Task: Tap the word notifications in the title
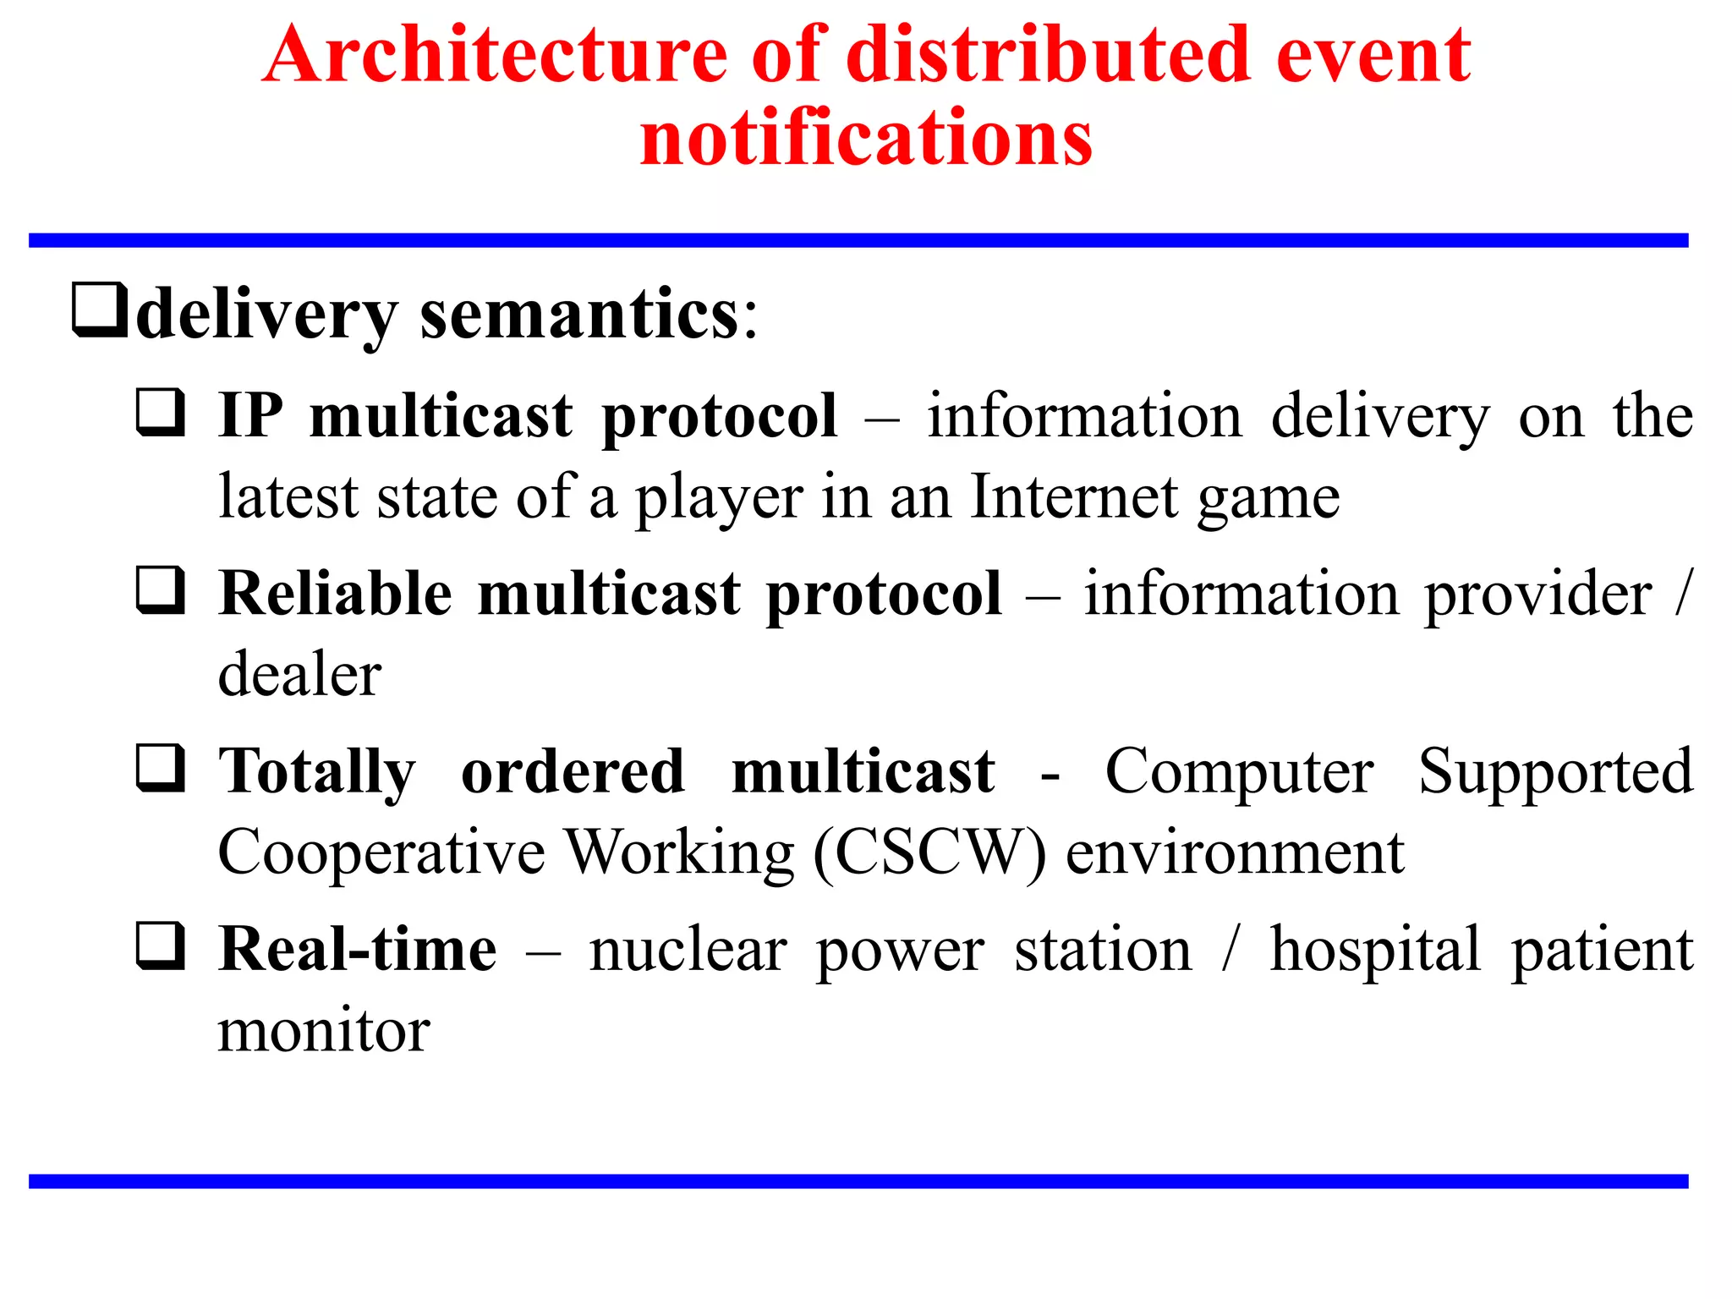pos(866,138)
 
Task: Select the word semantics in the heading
pos(580,315)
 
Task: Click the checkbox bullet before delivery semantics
pos(100,310)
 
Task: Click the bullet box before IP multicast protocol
pos(161,412)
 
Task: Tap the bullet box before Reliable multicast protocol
pos(161,589)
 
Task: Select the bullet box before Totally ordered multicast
pos(161,767)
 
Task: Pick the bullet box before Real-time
pos(161,945)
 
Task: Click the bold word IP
pos(250,416)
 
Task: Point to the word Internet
pos(1074,496)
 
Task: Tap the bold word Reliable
pos(336,593)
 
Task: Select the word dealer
pos(299,675)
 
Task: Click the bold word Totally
pos(317,773)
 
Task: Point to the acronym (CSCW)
pos(929,852)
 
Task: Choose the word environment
pos(1235,852)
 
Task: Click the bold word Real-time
pos(358,950)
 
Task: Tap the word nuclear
pos(688,950)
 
